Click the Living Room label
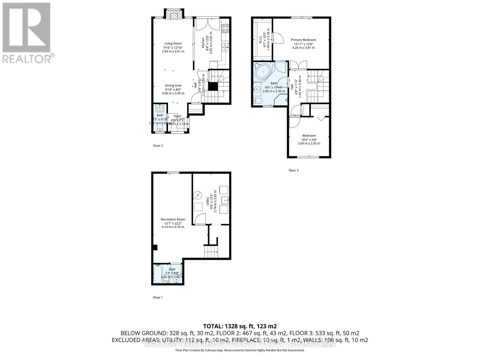(x=173, y=43)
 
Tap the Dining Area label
(x=173, y=85)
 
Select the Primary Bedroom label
(x=303, y=40)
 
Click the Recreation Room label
(x=173, y=219)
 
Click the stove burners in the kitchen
(x=225, y=28)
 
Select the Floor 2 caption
(x=158, y=146)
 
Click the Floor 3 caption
(x=293, y=170)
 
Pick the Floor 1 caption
(x=158, y=298)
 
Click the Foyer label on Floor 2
(x=177, y=116)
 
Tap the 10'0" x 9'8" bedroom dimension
(x=309, y=139)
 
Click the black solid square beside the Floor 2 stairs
(x=213, y=86)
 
